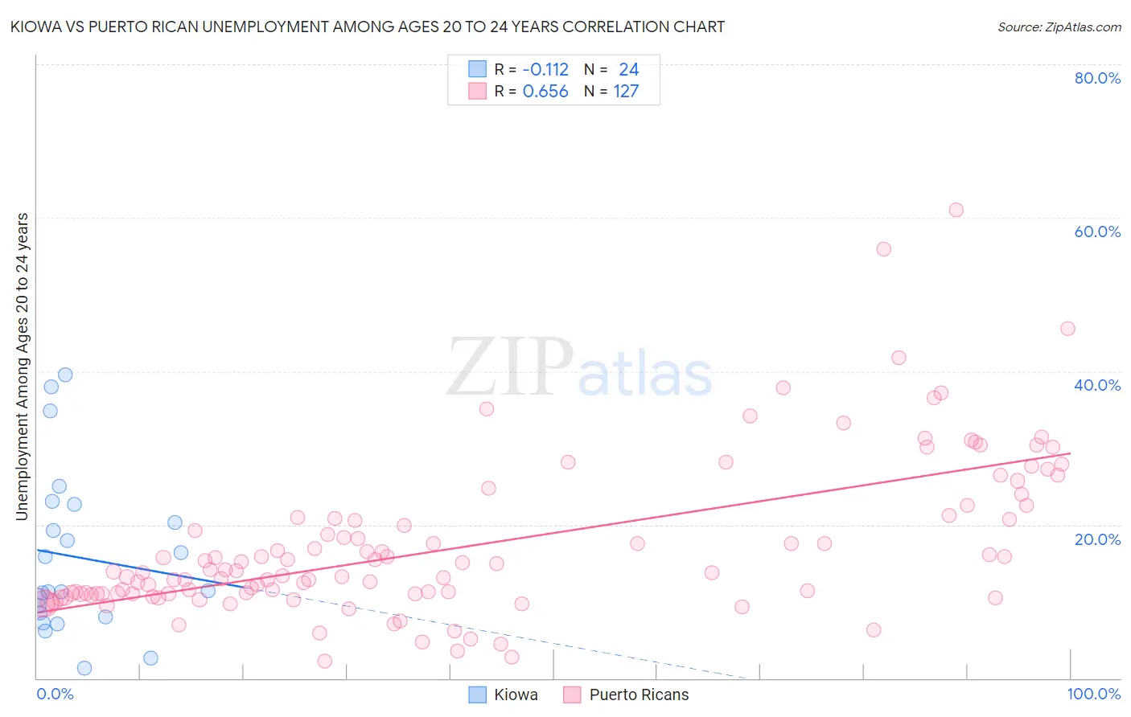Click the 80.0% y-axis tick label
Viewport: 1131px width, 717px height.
[1097, 78]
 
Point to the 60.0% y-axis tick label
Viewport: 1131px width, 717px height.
[1097, 231]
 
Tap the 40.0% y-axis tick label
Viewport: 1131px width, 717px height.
[1097, 385]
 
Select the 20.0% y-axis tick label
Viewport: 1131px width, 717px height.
[1097, 539]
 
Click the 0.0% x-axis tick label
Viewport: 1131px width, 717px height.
[55, 694]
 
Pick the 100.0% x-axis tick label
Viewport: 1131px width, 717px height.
[1094, 694]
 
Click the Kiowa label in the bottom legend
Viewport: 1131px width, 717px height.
[516, 694]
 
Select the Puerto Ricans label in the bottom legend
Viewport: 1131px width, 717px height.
[639, 694]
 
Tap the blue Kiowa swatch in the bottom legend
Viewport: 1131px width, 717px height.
[478, 694]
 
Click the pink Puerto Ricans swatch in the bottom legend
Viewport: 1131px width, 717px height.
[572, 694]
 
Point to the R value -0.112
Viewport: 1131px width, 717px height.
[545, 70]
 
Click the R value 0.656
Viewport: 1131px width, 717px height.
[545, 92]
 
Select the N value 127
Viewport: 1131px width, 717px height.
[626, 92]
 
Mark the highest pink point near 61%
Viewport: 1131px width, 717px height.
[956, 210]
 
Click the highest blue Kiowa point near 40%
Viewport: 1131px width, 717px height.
[65, 375]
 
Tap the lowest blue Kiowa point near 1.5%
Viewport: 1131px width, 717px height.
[84, 668]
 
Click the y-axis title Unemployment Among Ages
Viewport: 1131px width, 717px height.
[22, 366]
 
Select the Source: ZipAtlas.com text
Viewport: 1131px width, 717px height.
[1059, 27]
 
